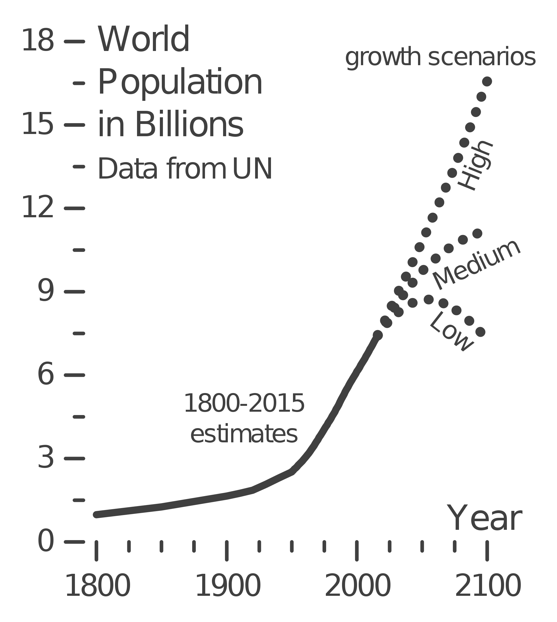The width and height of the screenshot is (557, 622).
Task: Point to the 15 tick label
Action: coord(38,124)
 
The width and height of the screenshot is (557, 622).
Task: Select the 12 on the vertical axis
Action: coord(38,208)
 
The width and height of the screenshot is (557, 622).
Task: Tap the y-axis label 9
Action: coord(46,291)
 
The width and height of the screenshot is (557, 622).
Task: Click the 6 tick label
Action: coord(46,375)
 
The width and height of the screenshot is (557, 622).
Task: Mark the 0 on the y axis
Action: coord(46,541)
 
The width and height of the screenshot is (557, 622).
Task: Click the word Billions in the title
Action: coord(189,124)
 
